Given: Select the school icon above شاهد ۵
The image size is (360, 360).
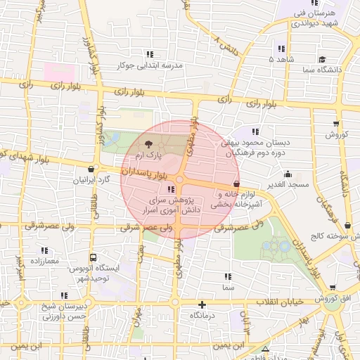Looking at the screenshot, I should pos(281,49).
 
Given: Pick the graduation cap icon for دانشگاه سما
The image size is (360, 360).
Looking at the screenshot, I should pos(322,60).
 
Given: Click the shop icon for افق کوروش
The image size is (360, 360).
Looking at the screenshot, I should pos(333,288).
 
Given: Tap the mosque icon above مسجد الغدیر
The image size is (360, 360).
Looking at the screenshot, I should pos(287,174).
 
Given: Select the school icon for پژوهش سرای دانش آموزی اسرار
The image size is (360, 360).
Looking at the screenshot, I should pos(172,189).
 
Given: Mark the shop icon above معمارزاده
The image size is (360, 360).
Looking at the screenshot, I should pos(45,250).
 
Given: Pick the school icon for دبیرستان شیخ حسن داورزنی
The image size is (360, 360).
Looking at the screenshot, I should pos(64,296).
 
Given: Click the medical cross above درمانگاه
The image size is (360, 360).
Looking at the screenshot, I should pos(202,305).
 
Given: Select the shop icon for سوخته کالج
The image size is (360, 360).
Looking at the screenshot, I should pos(348,226).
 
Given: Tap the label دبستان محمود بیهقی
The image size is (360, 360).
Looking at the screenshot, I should pos(274,142).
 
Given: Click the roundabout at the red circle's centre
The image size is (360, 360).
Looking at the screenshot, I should pos(180,180).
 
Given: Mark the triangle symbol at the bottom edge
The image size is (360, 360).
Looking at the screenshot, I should pos(265,349).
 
